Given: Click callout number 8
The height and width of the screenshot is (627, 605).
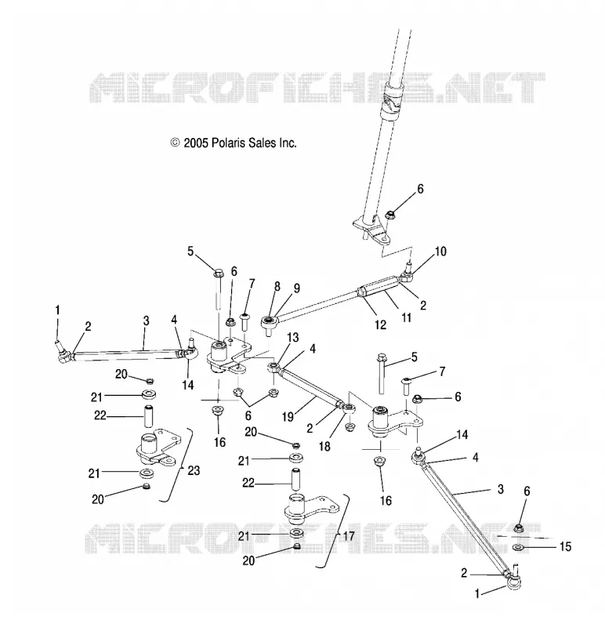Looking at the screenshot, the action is [277, 286].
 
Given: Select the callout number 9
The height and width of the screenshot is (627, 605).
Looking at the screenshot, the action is [297, 288].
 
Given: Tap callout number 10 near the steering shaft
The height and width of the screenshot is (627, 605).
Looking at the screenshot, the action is [440, 252].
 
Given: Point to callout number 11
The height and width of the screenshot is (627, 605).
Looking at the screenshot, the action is [406, 317].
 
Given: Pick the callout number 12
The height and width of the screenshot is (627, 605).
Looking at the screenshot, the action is [381, 324].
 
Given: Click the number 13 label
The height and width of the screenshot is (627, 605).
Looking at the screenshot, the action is [292, 337].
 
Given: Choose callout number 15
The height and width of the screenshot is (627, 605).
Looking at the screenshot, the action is [565, 546].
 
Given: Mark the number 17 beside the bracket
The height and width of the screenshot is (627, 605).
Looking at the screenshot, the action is [349, 536].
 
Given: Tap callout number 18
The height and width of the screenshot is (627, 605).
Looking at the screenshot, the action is [324, 446].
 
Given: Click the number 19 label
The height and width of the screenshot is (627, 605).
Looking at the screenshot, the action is [288, 416].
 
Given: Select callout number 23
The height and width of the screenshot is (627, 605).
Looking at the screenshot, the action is [194, 470].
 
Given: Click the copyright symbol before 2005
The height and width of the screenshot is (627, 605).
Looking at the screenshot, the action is [175, 143].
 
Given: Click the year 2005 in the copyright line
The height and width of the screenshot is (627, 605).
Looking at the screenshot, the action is [196, 143].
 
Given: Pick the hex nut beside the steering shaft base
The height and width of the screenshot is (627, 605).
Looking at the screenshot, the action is [389, 215].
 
